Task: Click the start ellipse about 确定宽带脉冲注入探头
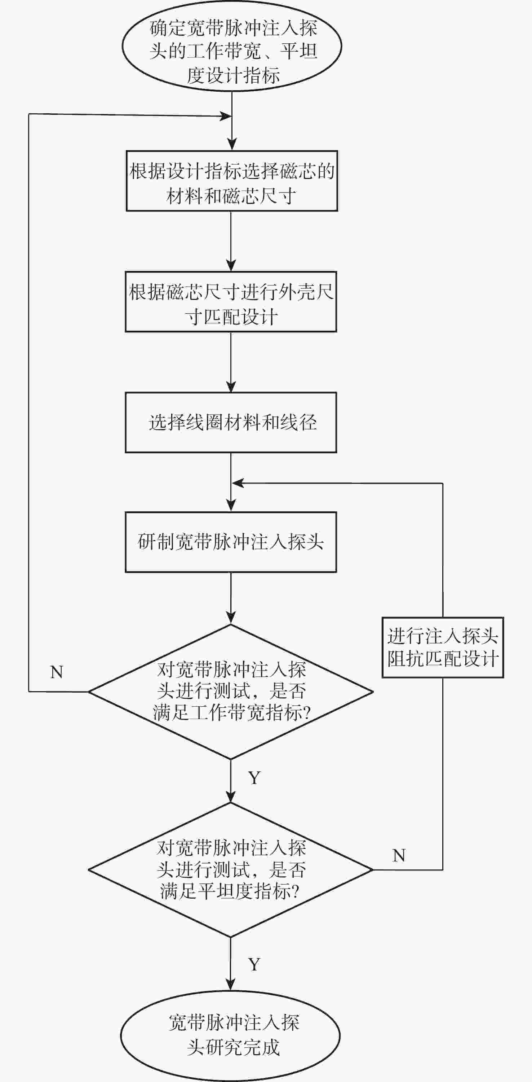click(x=232, y=46)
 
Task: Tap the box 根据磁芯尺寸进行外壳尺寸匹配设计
click(x=231, y=302)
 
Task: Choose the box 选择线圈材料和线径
click(x=231, y=423)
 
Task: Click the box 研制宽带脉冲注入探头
click(x=231, y=542)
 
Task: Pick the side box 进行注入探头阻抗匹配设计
click(x=443, y=647)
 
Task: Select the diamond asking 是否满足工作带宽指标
click(x=231, y=692)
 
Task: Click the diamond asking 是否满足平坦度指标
click(x=231, y=869)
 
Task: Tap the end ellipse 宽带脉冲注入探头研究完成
click(x=231, y=1036)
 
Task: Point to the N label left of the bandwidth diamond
click(x=57, y=672)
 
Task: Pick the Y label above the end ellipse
click(x=254, y=964)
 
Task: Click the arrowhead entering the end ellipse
click(x=231, y=985)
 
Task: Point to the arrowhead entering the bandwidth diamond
click(x=231, y=618)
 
